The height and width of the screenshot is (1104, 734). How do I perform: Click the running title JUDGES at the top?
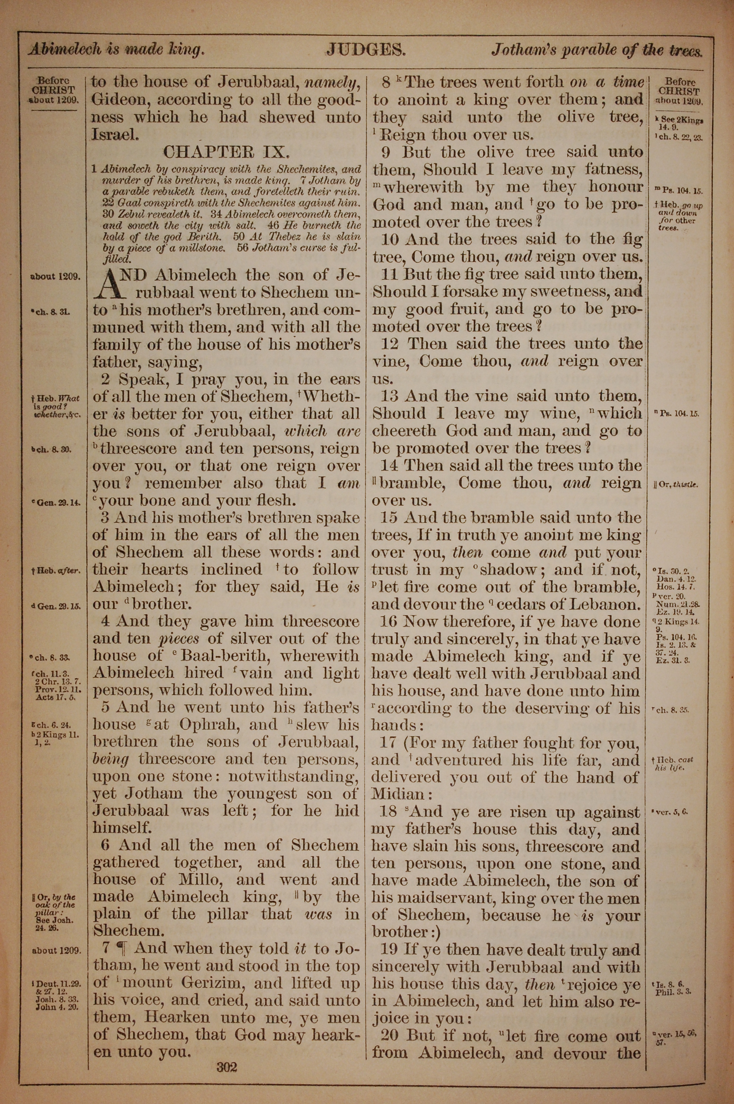tap(366, 50)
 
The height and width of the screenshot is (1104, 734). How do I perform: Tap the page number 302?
tap(227, 1053)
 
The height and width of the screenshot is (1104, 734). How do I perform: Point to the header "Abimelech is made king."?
tap(116, 50)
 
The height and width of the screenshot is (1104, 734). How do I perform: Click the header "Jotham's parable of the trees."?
tap(596, 51)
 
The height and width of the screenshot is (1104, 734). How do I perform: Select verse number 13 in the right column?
tap(389, 396)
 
